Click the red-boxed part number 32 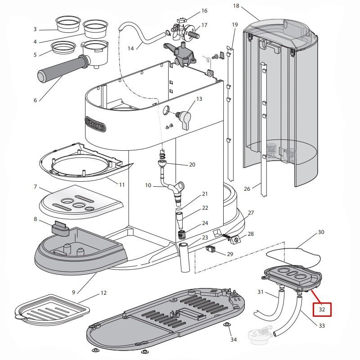322,310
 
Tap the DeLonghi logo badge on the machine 95,124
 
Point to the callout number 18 236,6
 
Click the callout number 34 233,340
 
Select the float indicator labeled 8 59,228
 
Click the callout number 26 247,189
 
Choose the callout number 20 192,165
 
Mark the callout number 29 230,254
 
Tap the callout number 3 35,29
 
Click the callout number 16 204,11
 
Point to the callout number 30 321,232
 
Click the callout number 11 122,184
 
